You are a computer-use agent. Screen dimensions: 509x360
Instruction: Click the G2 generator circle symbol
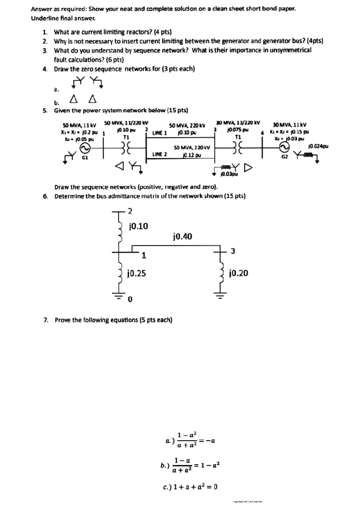point(284,147)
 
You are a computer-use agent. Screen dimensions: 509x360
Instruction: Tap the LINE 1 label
point(159,132)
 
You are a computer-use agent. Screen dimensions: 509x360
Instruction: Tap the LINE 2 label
point(160,154)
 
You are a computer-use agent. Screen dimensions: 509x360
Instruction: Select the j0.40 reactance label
point(182,237)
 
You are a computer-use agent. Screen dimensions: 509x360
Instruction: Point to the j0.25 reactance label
point(137,273)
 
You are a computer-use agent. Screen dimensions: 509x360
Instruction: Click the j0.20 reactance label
point(238,273)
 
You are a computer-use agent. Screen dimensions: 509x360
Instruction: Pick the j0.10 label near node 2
point(138,226)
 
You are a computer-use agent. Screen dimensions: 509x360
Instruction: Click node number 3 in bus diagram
point(233,251)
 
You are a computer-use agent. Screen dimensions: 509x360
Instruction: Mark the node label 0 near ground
point(130,299)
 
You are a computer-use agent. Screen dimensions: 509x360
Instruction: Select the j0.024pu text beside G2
point(318,146)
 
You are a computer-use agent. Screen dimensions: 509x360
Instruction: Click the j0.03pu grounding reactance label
point(229,174)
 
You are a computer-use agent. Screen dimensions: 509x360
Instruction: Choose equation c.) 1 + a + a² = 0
point(190,487)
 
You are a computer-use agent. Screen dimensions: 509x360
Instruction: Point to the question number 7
point(46,320)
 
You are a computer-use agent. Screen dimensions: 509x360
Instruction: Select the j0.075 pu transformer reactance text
point(238,130)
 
